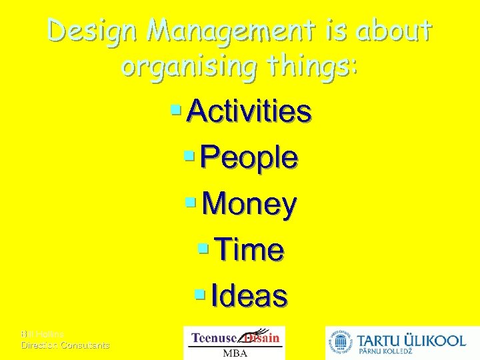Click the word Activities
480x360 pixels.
coord(249,111)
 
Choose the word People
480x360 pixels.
coord(249,158)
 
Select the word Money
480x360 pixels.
coord(249,205)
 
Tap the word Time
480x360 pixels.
coord(250,251)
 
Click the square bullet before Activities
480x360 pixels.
coord(177,109)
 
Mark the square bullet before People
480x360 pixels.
coord(189,155)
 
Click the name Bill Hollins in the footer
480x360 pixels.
coord(42,334)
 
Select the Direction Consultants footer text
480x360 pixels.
coord(65,345)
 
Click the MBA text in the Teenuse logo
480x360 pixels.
coord(234,353)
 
